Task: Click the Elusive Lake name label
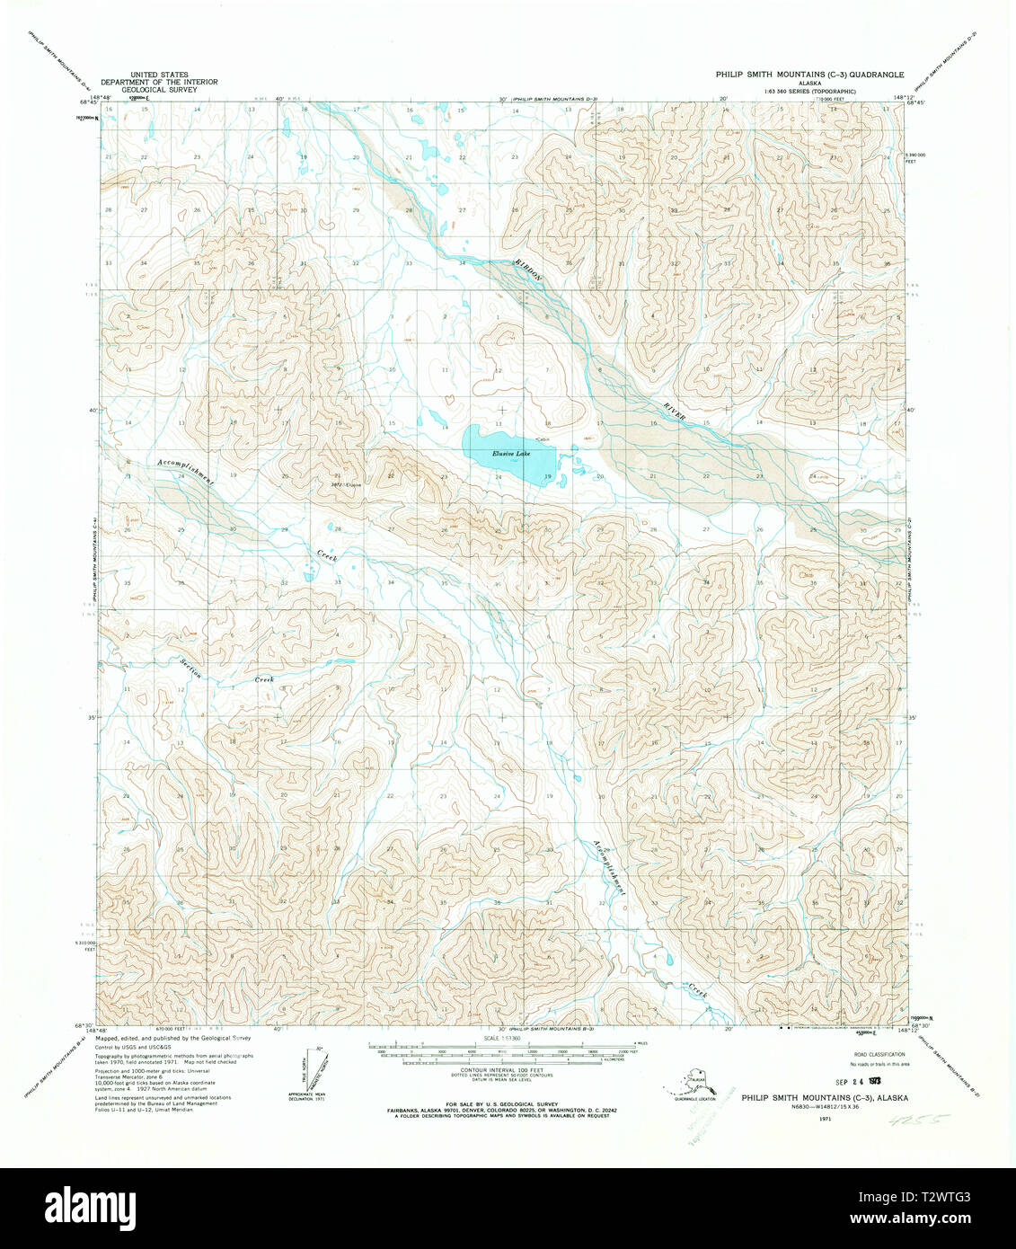[511, 454]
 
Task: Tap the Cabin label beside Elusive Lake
[542, 438]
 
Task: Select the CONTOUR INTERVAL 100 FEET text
[504, 1070]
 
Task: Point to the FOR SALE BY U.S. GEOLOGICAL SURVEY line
[504, 1103]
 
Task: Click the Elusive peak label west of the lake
[348, 485]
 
